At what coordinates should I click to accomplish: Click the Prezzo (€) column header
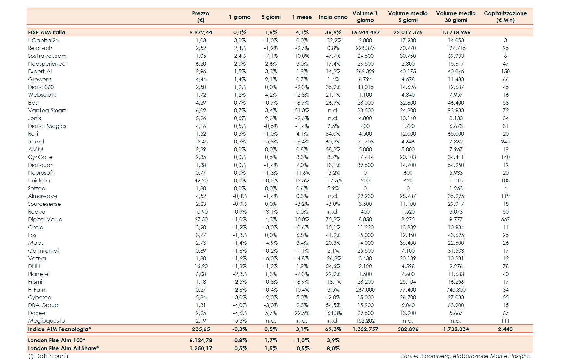tap(201, 17)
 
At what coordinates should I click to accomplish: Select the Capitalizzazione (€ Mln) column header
tap(505, 17)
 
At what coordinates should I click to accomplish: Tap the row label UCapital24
tap(43, 40)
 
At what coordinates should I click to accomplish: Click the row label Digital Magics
tap(47, 126)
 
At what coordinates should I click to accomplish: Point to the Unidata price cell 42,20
tap(201, 180)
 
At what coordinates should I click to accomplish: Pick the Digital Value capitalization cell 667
tap(505, 219)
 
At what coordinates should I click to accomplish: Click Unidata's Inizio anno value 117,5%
tap(333, 180)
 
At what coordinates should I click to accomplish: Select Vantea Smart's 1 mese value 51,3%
tap(302, 110)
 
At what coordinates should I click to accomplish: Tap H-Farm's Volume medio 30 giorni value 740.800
tap(456, 290)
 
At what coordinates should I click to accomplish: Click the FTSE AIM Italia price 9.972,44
tap(201, 32)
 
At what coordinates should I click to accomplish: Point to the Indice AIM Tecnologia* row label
tap(59, 329)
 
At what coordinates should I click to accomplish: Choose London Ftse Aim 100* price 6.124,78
tap(201, 340)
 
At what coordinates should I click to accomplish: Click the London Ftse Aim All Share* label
tap(63, 348)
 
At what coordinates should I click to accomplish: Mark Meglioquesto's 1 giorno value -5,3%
tap(240, 321)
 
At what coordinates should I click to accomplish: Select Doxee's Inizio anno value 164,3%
tap(333, 313)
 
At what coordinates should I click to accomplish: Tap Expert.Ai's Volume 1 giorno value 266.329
tap(365, 71)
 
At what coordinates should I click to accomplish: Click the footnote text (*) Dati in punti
tap(48, 356)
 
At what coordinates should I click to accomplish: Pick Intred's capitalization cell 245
tap(505, 142)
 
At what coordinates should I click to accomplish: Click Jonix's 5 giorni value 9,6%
tap(271, 118)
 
